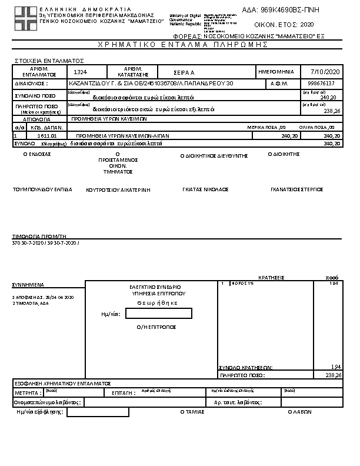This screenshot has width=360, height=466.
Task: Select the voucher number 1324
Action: [81, 71]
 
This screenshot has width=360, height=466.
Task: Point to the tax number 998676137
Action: [321, 84]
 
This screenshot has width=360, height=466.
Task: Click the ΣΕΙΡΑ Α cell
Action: [184, 72]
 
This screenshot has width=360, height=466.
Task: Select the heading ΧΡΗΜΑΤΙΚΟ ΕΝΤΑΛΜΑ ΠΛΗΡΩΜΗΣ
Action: [179, 45]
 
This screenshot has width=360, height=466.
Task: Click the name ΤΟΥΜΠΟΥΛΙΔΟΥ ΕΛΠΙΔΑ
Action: [42, 189]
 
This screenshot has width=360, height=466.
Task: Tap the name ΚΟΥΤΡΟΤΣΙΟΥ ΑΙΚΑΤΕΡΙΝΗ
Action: [118, 190]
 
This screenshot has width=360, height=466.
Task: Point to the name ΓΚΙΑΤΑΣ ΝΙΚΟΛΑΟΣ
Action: [205, 189]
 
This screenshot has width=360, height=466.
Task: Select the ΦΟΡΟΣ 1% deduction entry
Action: [242, 284]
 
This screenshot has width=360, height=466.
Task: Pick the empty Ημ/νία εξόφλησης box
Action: [98, 412]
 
